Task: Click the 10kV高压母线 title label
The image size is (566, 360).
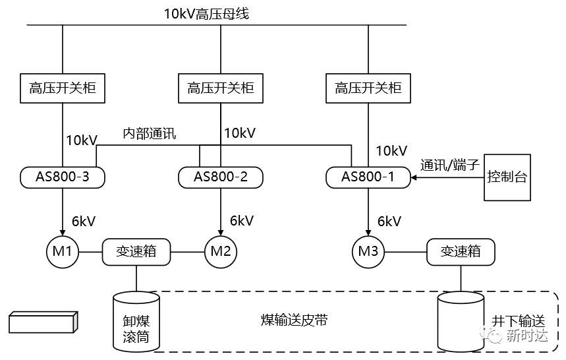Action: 207,14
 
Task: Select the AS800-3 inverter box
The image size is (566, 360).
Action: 63,177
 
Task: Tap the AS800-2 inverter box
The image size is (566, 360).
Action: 220,177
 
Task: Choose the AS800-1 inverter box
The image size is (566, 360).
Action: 368,177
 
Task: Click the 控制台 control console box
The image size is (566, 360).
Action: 507,177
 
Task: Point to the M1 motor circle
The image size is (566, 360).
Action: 63,251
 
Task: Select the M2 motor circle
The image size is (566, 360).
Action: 220,251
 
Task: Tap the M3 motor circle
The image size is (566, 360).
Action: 368,251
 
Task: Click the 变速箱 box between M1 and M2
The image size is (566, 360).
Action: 136,251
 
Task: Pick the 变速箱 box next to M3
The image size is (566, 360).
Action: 460,251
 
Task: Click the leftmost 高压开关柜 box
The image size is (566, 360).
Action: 63,88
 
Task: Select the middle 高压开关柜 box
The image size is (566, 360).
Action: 220,88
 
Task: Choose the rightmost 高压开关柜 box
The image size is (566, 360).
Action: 368,88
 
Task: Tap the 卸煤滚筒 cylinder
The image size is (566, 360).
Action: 136,322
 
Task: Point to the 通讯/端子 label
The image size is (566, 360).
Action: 450,165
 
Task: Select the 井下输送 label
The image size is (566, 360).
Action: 519,320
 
